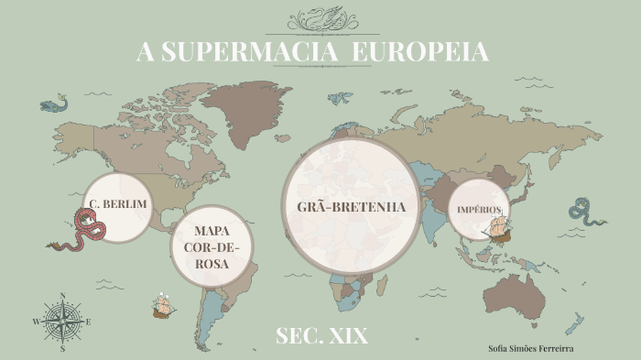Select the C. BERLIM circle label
point(116,203)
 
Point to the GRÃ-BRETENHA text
point(351,206)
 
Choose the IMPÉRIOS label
point(479,210)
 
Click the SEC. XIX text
point(321,336)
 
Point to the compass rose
point(62,322)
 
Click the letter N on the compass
point(62,296)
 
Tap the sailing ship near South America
point(164,305)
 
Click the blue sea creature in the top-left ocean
point(55,104)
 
